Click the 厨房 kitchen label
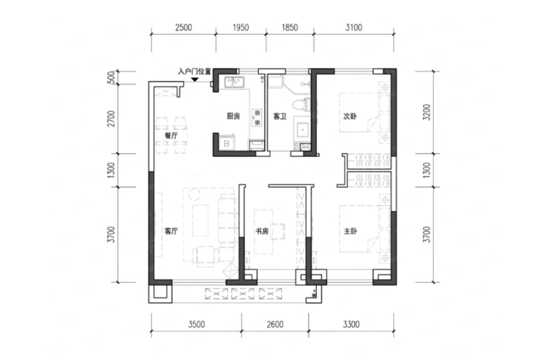coord(233,116)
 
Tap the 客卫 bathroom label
coord(280,116)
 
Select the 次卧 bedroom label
coord(350,116)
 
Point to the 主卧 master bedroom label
coord(350,231)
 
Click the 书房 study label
coord(262,231)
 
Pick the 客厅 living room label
coord(171,231)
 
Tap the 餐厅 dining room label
coord(171,135)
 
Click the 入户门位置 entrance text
coord(195,72)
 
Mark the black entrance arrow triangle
coord(195,80)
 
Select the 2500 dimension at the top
coord(184,27)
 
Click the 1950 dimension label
coord(240,27)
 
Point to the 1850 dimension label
coord(290,27)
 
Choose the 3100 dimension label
coord(354,27)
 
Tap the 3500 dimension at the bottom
coord(196,325)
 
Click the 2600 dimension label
coord(275,325)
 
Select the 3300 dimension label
coord(351,325)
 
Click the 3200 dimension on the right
coord(427,112)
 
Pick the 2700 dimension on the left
coord(111,119)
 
